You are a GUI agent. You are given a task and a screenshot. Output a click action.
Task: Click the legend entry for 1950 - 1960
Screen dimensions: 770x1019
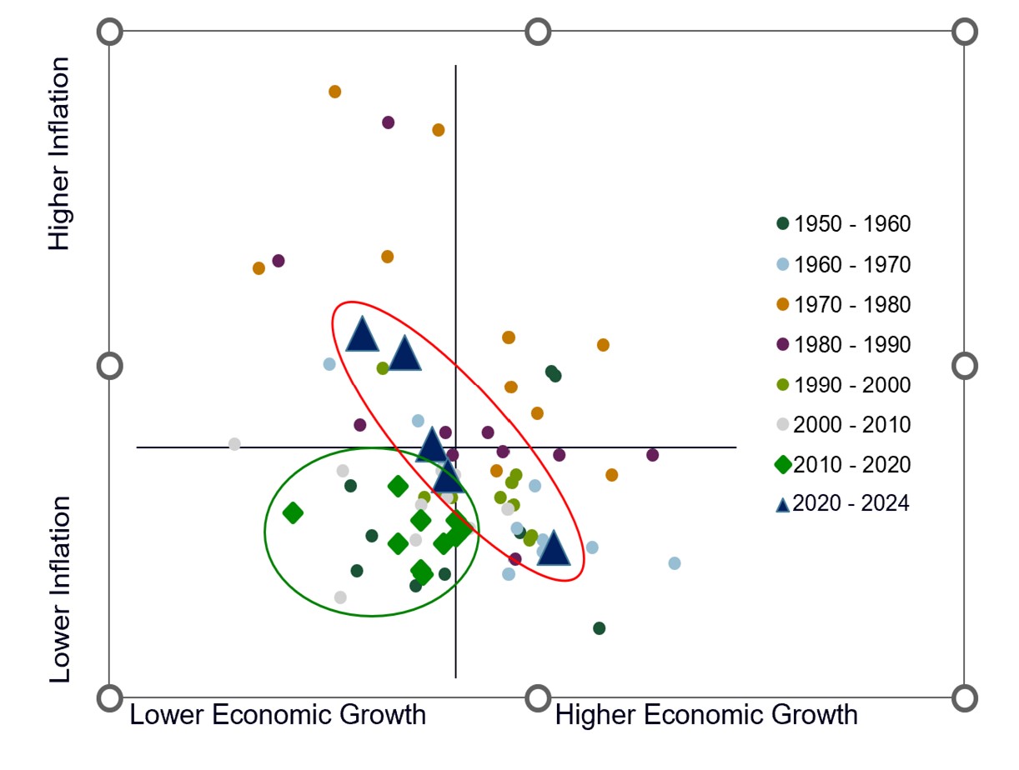coord(843,224)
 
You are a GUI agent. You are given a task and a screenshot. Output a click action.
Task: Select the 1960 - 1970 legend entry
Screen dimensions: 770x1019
coord(843,265)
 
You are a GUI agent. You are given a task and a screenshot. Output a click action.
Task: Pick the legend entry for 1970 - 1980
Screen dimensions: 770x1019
coord(843,305)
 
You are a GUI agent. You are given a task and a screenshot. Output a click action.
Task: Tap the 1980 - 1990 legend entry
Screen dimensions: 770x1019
coord(843,345)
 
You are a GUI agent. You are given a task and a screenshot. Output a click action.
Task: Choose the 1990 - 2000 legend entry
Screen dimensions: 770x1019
coord(843,385)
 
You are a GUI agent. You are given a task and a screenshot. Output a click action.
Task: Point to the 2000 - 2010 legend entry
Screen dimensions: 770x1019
coord(843,425)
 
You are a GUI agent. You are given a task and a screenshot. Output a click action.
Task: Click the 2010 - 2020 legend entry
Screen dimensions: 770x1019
coord(843,465)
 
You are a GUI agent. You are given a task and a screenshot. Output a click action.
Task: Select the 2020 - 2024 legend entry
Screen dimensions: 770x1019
coord(843,504)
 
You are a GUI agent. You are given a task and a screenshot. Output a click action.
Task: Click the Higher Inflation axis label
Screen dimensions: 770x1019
coord(60,154)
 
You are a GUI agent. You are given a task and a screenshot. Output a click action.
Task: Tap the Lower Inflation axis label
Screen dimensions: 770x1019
coord(60,589)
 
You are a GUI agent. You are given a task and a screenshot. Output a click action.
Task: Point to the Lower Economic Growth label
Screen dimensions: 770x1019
coord(278,715)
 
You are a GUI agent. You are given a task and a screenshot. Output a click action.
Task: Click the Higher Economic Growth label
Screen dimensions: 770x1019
coord(706,715)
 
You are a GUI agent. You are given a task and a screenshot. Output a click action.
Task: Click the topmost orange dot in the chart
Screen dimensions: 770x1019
coord(334,92)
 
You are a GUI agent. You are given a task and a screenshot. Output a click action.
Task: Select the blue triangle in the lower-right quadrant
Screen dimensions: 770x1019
coord(553,549)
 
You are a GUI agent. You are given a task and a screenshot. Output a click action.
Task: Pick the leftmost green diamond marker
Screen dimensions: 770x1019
coord(293,513)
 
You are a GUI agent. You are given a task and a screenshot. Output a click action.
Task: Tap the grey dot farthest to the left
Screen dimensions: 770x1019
coord(234,444)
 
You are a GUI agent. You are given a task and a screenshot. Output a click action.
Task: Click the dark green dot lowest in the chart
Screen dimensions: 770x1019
coord(599,628)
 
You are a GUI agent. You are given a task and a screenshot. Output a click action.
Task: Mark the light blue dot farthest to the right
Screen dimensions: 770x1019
coord(675,563)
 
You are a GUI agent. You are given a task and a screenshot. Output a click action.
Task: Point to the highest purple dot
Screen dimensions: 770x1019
coord(388,122)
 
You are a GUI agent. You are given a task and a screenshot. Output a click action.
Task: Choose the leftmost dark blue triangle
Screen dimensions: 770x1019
coord(362,336)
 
